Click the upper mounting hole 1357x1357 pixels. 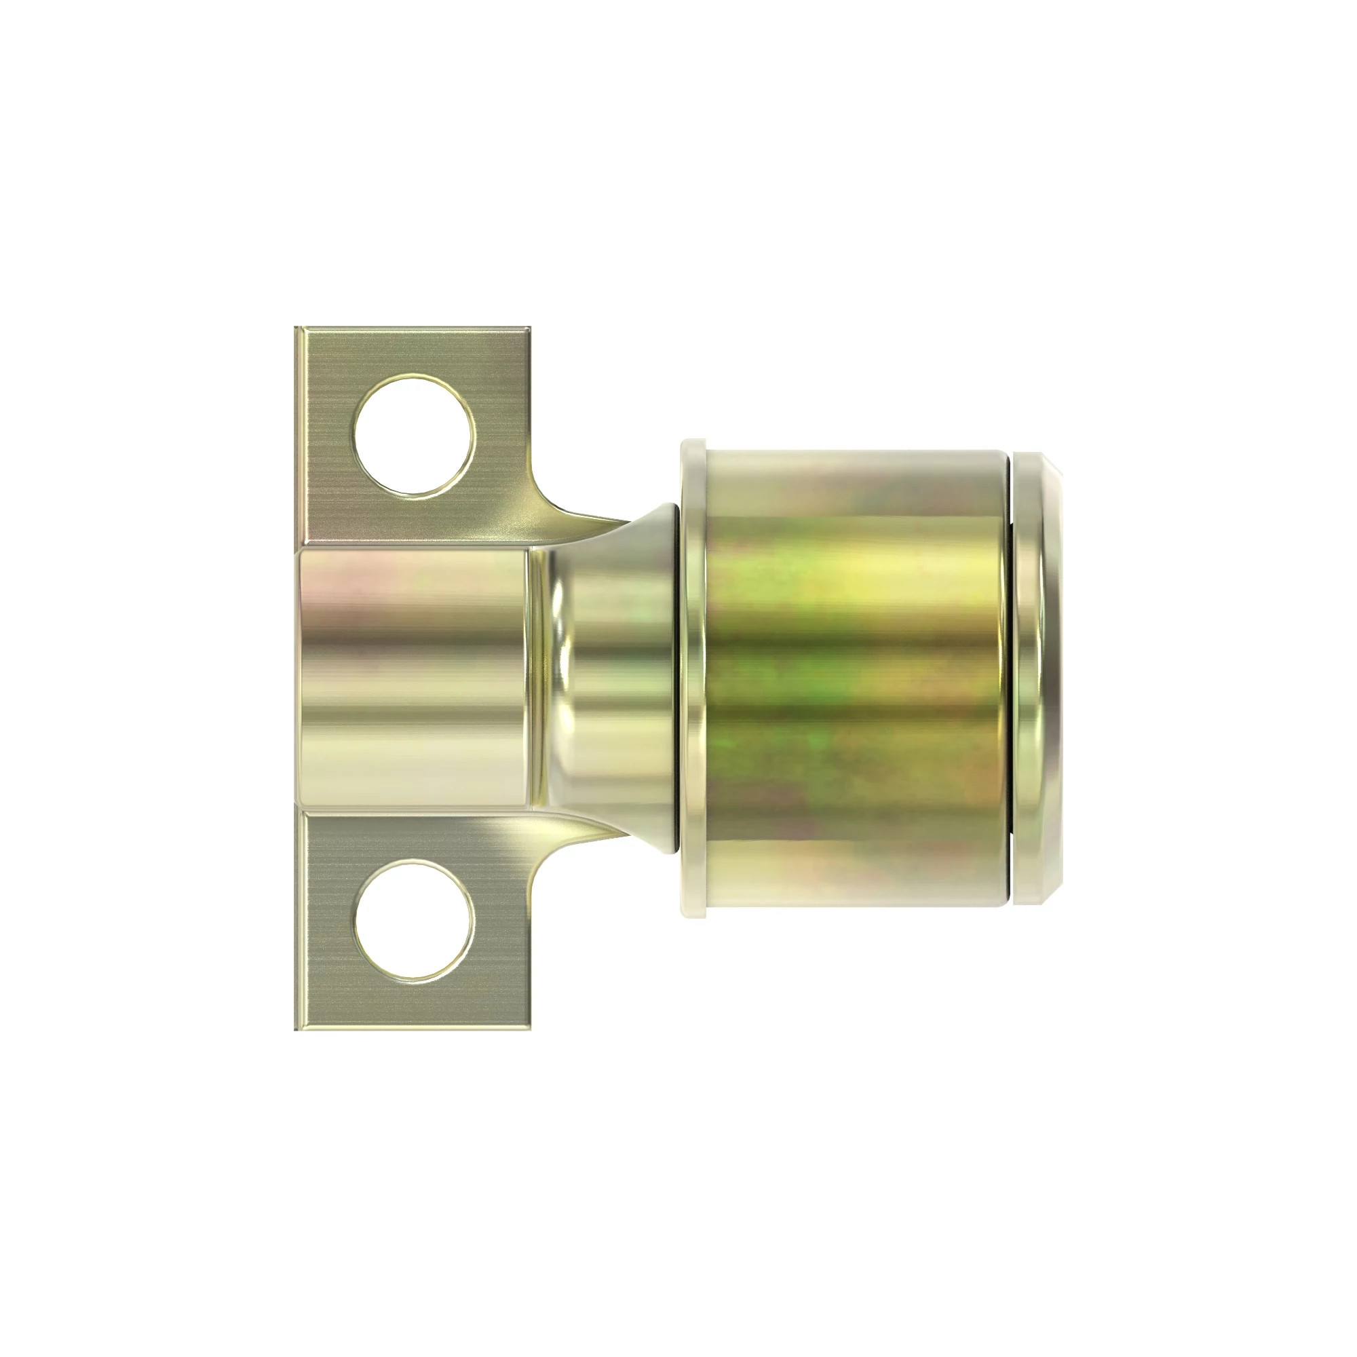(413, 436)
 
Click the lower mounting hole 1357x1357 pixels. (413, 920)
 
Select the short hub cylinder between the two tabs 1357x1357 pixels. (415, 678)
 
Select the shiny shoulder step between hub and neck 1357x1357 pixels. (544, 678)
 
